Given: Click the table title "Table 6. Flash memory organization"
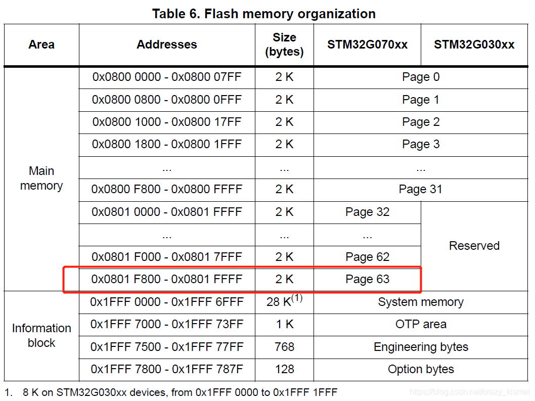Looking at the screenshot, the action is pyautogui.click(x=264, y=14).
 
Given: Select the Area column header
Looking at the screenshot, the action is pyautogui.click(x=41, y=44).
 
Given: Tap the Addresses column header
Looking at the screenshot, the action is pyautogui.click(x=167, y=44).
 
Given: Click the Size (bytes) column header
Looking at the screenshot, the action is pyautogui.click(x=284, y=44).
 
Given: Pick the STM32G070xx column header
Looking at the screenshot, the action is pyautogui.click(x=367, y=44).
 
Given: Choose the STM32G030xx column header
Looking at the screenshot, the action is pyautogui.click(x=474, y=44).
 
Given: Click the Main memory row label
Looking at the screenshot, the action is pyautogui.click(x=41, y=178).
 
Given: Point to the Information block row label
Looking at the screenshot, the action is pyautogui.click(x=41, y=335).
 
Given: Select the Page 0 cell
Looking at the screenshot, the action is pyautogui.click(x=421, y=77).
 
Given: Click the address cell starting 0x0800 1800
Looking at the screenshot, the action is pyautogui.click(x=167, y=144).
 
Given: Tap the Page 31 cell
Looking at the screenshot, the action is pyautogui.click(x=420, y=189).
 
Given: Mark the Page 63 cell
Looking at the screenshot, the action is pyautogui.click(x=367, y=279).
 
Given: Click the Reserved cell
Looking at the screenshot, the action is pyautogui.click(x=474, y=246).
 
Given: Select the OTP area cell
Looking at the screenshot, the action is pyautogui.click(x=421, y=324).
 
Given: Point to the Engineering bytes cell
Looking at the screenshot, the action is pyautogui.click(x=421, y=347).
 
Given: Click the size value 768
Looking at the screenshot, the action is pyautogui.click(x=284, y=347).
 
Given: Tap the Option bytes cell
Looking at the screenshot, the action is pyautogui.click(x=421, y=369).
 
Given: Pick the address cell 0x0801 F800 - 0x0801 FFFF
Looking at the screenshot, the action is pyautogui.click(x=167, y=279).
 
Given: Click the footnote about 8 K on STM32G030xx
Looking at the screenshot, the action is pyautogui.click(x=171, y=392).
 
